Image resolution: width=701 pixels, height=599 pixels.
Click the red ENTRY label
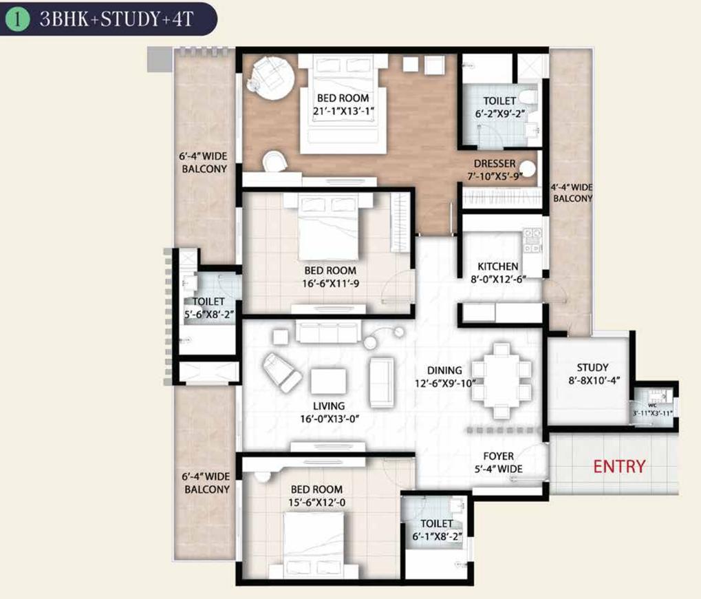(619, 466)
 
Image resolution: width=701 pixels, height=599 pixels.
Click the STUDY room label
(592, 374)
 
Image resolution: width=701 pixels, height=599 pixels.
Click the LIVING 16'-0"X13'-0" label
(327, 412)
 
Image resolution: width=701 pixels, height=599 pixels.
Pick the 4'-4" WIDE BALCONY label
(572, 193)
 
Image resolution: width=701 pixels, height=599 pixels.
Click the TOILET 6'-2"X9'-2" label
(500, 107)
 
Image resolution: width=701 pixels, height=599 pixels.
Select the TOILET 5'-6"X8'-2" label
(208, 308)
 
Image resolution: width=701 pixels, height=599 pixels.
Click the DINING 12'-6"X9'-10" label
(444, 377)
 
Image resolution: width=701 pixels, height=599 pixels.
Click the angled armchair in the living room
(283, 371)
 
